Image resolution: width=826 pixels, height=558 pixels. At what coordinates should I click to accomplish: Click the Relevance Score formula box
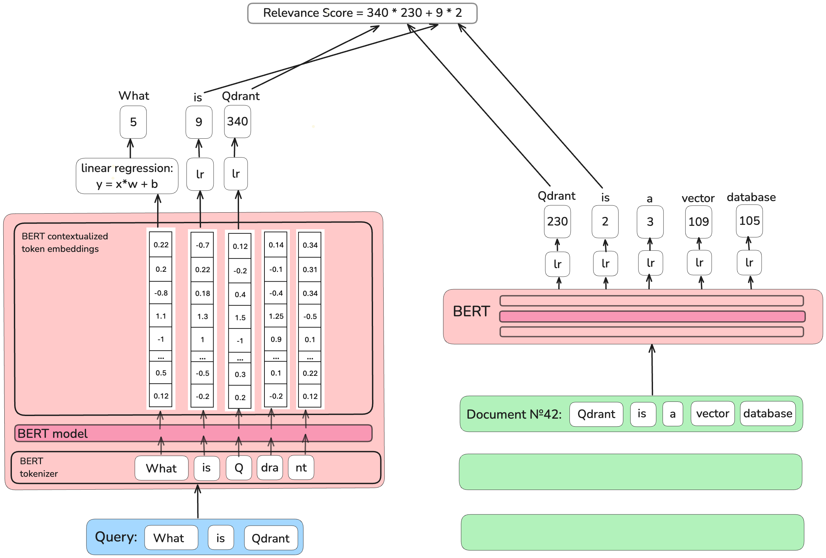pos(362,13)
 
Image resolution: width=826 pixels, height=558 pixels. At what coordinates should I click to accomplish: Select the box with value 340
pos(237,122)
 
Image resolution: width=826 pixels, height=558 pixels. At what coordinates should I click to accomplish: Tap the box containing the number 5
pos(133,122)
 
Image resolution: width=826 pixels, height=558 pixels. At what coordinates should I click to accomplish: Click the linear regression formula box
pos(127,176)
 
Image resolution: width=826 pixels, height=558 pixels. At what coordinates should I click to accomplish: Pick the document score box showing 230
pos(557,222)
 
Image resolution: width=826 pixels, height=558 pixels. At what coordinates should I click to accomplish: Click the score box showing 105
pos(749,221)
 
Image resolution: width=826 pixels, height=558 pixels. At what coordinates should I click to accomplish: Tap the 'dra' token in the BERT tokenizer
pos(269,468)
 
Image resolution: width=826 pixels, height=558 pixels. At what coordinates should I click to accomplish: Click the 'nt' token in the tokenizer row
pos(301,468)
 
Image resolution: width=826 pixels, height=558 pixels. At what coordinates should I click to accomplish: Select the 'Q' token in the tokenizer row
pos(238,468)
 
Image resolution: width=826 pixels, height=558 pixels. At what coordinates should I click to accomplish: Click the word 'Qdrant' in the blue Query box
pos(270,538)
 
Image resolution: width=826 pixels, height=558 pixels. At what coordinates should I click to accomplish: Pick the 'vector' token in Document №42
pos(712,413)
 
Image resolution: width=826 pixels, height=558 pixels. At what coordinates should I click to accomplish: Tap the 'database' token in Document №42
pos(767,413)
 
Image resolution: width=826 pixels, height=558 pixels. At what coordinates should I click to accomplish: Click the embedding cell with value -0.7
pos(202,245)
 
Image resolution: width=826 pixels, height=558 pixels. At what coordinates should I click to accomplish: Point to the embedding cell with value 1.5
pos(240,317)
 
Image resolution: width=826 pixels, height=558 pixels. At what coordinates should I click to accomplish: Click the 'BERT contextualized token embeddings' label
pos(64,242)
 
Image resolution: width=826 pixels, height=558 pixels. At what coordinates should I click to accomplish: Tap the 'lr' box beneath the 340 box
pos(236,174)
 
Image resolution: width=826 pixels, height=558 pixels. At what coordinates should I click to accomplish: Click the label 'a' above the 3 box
pos(649,199)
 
